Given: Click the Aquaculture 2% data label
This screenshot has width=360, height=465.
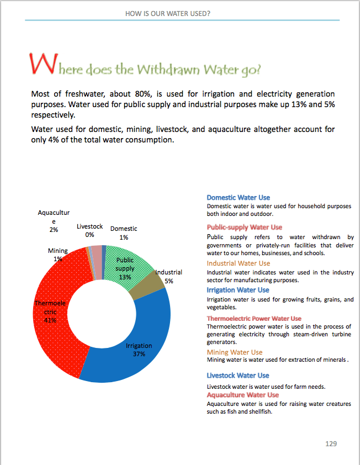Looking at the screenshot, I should (x=54, y=221).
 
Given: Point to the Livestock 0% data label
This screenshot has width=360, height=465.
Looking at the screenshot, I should (x=89, y=230).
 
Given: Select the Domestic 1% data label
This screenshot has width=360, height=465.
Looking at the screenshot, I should (x=124, y=232).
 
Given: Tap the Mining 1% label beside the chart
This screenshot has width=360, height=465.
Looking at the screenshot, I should (x=58, y=255).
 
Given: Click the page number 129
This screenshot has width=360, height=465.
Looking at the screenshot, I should (x=331, y=443).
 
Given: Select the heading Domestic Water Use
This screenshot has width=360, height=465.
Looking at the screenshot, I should (x=238, y=198).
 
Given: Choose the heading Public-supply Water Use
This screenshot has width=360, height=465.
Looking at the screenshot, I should (x=244, y=227).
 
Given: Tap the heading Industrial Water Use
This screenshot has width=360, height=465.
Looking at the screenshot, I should (x=239, y=263).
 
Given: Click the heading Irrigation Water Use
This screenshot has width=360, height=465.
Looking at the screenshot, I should (x=238, y=290).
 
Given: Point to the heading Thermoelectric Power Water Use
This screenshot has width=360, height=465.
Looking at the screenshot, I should (x=254, y=319).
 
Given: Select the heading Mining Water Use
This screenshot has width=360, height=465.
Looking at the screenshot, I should (x=235, y=352).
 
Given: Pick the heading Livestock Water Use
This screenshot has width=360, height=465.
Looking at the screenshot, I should (x=238, y=376).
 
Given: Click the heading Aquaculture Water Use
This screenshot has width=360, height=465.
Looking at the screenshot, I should (x=242, y=395).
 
